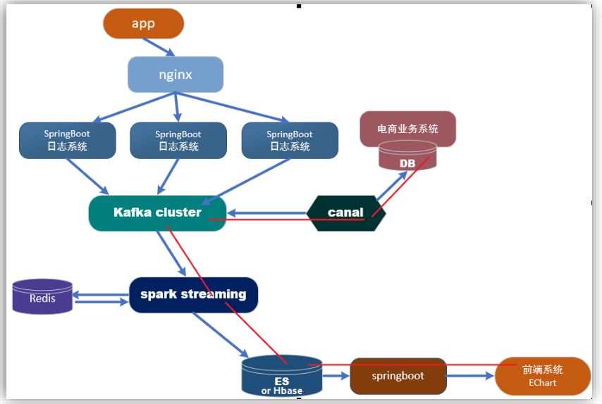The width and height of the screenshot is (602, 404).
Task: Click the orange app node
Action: pyautogui.click(x=144, y=23)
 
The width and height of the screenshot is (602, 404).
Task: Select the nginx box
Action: pyautogui.click(x=176, y=75)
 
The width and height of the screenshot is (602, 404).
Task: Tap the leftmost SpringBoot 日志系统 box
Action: pyautogui.click(x=68, y=140)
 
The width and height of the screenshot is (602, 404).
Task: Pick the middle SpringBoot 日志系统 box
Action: pyautogui.click(x=178, y=140)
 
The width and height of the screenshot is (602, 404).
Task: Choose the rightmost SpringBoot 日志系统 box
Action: pyautogui.click(x=290, y=140)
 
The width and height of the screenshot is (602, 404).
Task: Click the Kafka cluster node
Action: pyautogui.click(x=157, y=213)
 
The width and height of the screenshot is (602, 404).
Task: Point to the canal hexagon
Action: pyautogui.click(x=346, y=213)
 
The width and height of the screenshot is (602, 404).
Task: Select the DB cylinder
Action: pyautogui.click(x=407, y=156)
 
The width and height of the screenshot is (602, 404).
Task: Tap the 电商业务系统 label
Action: pyautogui.click(x=407, y=129)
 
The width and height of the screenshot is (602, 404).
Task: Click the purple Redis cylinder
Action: pyautogui.click(x=42, y=297)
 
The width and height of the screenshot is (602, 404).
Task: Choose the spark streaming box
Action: pyautogui.click(x=193, y=295)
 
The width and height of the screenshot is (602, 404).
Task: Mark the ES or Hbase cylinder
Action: pyautogui.click(x=282, y=376)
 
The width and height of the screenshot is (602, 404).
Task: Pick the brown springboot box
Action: pyautogui.click(x=398, y=376)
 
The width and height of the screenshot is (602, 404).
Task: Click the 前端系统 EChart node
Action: pyautogui.click(x=543, y=376)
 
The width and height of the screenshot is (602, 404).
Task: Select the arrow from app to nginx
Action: pyautogui.click(x=159, y=47)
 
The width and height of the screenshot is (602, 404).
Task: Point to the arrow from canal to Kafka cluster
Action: pyautogui.click(x=267, y=213)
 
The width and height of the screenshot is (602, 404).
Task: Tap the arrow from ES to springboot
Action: pyautogui.click(x=336, y=376)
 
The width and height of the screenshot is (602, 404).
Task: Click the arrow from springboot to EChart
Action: pyautogui.click(x=470, y=376)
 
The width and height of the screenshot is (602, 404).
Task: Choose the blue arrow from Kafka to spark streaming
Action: pyautogui.click(x=171, y=253)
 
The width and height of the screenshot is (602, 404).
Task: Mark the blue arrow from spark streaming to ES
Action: pyautogui.click(x=221, y=335)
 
